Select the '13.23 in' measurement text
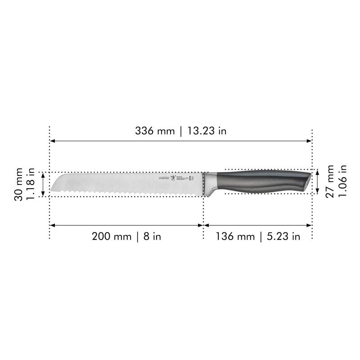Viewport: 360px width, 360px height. [206, 131]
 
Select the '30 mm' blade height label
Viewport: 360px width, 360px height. [19, 184]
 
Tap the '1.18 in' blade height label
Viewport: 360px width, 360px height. [31, 184]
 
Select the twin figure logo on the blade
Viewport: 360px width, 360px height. [172, 178]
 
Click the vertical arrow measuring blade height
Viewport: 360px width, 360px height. [43, 184]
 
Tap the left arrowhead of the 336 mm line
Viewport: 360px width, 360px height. [52, 141]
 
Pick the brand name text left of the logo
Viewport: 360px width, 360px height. [162, 178]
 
